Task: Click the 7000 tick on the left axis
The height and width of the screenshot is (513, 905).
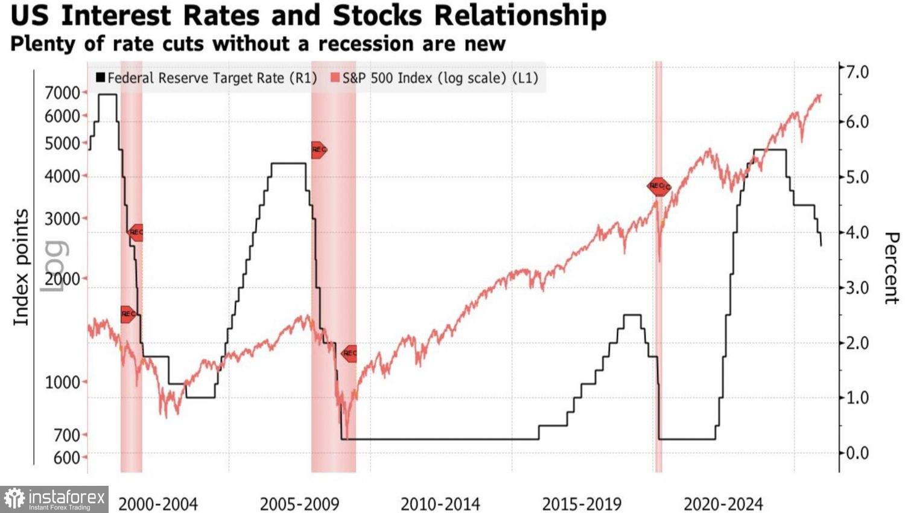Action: (x=63, y=93)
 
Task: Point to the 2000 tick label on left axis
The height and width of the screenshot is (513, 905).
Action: (x=63, y=279)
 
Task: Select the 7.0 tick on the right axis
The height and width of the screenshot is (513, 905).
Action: (x=857, y=72)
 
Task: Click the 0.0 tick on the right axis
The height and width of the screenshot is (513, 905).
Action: (x=857, y=453)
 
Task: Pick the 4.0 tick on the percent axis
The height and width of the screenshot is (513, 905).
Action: (x=857, y=232)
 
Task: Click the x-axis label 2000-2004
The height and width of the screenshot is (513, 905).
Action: (x=158, y=504)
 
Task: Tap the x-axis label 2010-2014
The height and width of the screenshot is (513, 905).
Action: (x=440, y=504)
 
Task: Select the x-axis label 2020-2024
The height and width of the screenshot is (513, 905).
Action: (x=723, y=504)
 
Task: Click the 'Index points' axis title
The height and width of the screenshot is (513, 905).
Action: (x=21, y=267)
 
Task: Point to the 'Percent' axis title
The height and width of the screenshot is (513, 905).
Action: (x=891, y=268)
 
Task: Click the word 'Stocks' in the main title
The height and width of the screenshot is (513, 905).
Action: (x=377, y=16)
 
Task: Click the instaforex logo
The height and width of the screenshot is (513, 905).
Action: (x=54, y=499)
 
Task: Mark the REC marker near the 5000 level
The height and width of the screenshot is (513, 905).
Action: (x=319, y=150)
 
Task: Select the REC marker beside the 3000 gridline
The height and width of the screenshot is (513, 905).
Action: (x=136, y=232)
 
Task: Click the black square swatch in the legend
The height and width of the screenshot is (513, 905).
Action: (x=100, y=78)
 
